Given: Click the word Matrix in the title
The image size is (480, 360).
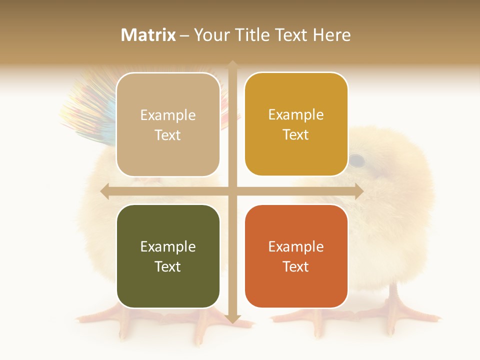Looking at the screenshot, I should click(x=148, y=35).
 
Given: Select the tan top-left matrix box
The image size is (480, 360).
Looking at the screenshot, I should click(x=168, y=124).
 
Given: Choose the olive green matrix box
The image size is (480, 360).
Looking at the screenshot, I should click(x=168, y=256).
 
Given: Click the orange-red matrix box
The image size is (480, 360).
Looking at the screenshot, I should click(x=296, y=256).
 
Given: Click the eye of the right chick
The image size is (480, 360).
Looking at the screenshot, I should click(x=356, y=160).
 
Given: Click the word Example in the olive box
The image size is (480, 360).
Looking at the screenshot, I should click(x=168, y=246).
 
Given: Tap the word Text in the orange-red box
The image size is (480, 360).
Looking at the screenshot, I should click(x=296, y=266).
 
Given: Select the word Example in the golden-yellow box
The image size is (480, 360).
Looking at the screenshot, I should click(x=296, y=114).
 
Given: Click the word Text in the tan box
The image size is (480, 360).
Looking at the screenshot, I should click(x=168, y=135).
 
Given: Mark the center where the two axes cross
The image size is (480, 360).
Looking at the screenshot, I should click(x=232, y=191).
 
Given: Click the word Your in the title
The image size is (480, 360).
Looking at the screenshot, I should click(x=210, y=35).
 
